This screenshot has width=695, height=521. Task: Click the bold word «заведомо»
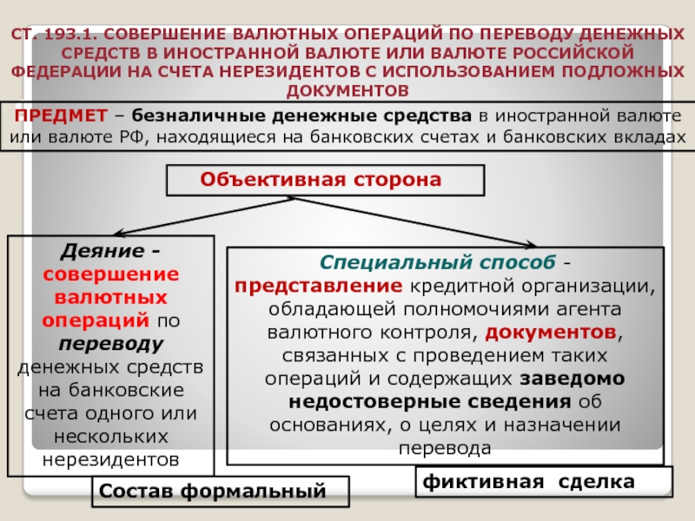(571, 379)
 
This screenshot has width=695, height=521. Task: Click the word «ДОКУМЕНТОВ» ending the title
(347, 90)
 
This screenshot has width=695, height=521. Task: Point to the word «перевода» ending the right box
(445, 448)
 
